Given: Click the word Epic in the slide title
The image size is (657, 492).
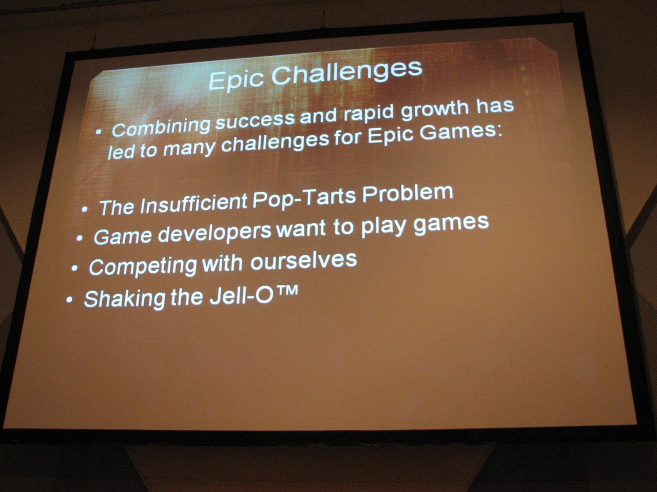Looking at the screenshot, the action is tap(236, 79).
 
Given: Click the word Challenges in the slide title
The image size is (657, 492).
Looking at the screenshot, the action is tap(347, 72).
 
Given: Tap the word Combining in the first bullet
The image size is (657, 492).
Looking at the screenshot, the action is tap(161, 127).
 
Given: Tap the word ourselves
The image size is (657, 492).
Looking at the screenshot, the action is tap(303, 261).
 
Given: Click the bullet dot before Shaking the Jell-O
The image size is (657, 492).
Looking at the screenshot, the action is tap(69, 299).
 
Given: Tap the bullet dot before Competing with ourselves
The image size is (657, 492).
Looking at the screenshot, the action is tap(74, 268).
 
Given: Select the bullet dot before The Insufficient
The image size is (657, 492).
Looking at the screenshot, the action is tap(85, 209).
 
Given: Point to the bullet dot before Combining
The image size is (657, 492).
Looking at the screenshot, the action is tap(99, 132).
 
